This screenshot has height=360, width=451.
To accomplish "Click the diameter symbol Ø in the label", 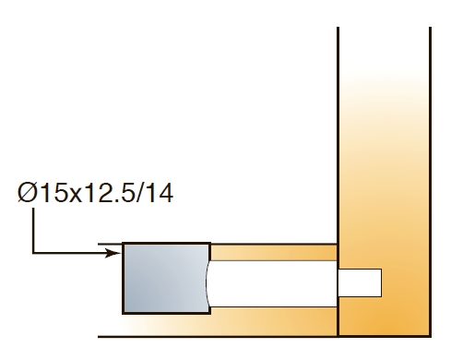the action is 27,193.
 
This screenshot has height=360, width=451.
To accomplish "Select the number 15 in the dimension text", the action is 54,193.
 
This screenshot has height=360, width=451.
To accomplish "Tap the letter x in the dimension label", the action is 76,196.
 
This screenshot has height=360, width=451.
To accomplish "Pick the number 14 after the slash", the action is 160,193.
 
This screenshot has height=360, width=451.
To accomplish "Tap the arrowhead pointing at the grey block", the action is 113,253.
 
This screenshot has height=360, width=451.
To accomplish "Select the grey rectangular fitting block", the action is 167,278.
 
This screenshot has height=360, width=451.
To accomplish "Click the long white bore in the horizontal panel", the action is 272,283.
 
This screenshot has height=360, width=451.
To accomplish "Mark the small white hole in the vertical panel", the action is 360,282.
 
